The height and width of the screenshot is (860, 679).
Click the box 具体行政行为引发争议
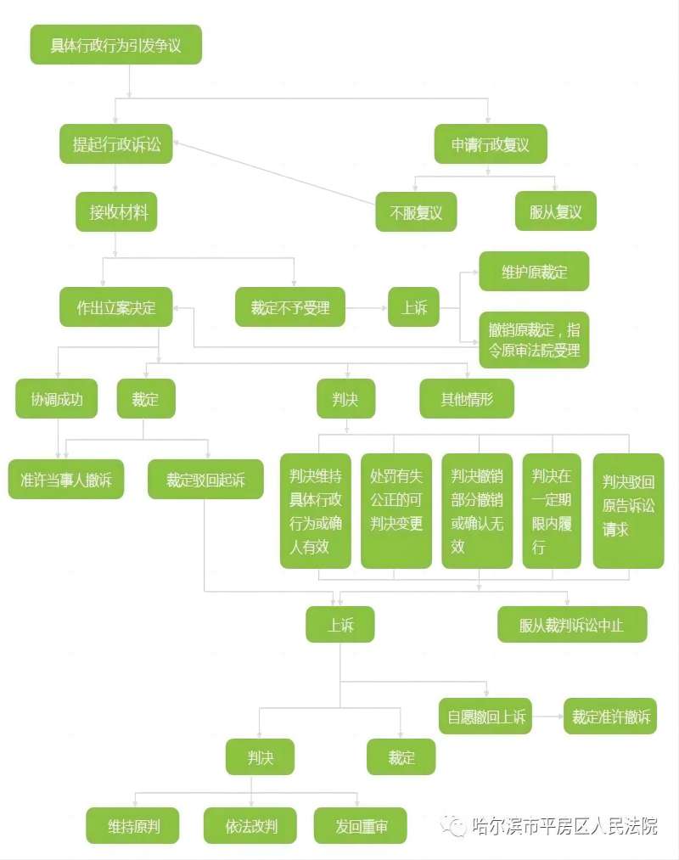pyautogui.click(x=115, y=44)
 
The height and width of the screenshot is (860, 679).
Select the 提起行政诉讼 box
pyautogui.click(x=115, y=144)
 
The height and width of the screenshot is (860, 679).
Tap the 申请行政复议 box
pyautogui.click(x=491, y=144)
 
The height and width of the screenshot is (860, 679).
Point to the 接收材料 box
pyautogui.click(x=116, y=211)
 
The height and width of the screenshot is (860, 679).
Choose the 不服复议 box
pyautogui.click(x=416, y=211)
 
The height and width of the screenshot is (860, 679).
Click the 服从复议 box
pyautogui.click(x=555, y=211)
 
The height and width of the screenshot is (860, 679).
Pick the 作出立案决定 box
pyautogui.click(x=115, y=307)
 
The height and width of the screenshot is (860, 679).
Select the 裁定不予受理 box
pyautogui.click(x=290, y=307)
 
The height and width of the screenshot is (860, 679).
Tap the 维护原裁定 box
pyautogui.click(x=534, y=272)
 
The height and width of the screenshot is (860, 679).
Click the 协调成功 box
pyautogui.click(x=57, y=399)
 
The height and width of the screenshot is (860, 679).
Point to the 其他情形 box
pyautogui.click(x=467, y=399)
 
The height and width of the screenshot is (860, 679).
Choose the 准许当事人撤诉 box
pyautogui.click(x=66, y=480)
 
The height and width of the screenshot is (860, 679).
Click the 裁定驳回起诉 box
pyautogui.click(x=205, y=480)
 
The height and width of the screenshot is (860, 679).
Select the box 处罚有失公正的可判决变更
pyautogui.click(x=396, y=510)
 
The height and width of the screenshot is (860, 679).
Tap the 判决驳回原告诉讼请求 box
pyautogui.click(x=629, y=510)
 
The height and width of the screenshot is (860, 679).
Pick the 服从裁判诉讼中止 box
pyautogui.click(x=572, y=624)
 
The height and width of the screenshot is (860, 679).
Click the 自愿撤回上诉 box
pyautogui.click(x=485, y=717)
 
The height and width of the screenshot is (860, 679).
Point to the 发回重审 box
pyautogui.click(x=361, y=825)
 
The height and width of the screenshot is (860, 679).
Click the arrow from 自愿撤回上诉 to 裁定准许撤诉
pyautogui.click(x=548, y=717)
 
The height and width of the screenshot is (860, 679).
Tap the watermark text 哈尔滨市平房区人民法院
pyautogui.click(x=564, y=825)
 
